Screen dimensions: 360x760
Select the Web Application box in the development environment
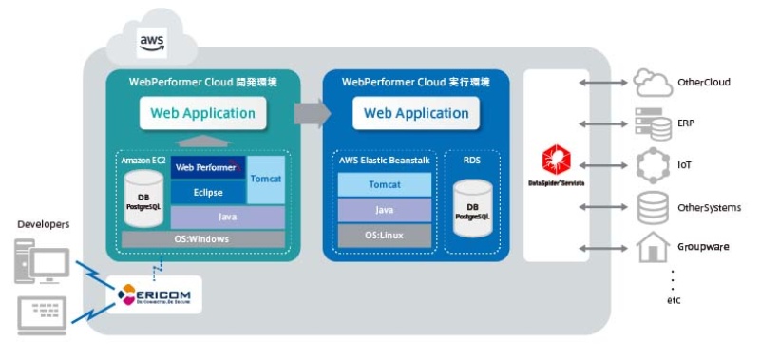(202, 113)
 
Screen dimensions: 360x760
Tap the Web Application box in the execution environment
(416, 113)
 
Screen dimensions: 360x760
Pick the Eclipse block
(207, 192)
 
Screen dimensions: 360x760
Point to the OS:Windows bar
(202, 239)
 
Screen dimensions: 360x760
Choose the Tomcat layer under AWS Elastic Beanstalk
(384, 184)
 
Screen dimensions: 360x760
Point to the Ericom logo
(153, 296)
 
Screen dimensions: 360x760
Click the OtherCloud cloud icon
(652, 84)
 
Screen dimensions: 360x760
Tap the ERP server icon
(652, 123)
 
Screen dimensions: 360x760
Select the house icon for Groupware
(652, 247)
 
